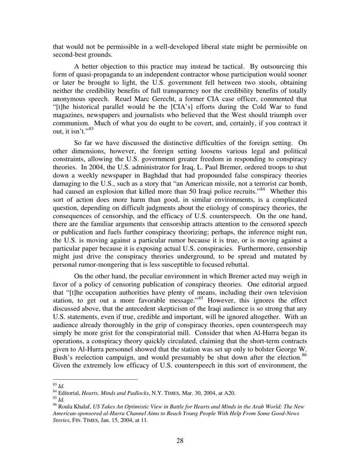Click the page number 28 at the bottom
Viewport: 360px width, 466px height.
(180, 441)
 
